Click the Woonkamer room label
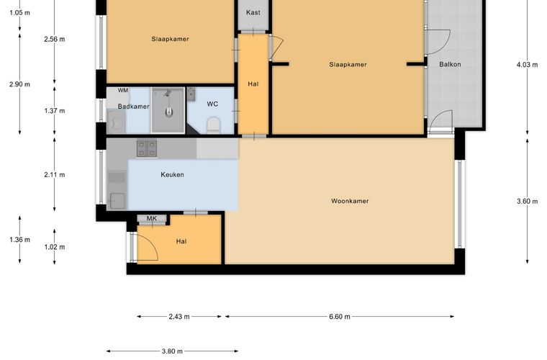(350, 201)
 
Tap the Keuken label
(172, 174)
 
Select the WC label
(212, 104)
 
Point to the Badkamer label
(134, 107)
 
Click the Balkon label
(450, 64)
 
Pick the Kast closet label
(253, 12)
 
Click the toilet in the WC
(214, 125)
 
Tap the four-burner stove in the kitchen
(147, 148)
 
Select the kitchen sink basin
(117, 201)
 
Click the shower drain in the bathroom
(169, 112)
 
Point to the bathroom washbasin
(115, 122)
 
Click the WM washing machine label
(123, 90)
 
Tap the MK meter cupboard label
(151, 218)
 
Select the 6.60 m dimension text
(340, 317)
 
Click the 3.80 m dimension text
(172, 351)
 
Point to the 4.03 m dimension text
(527, 65)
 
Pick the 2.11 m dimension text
(55, 175)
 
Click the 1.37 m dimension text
(55, 111)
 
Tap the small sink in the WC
(191, 94)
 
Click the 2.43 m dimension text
(179, 317)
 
